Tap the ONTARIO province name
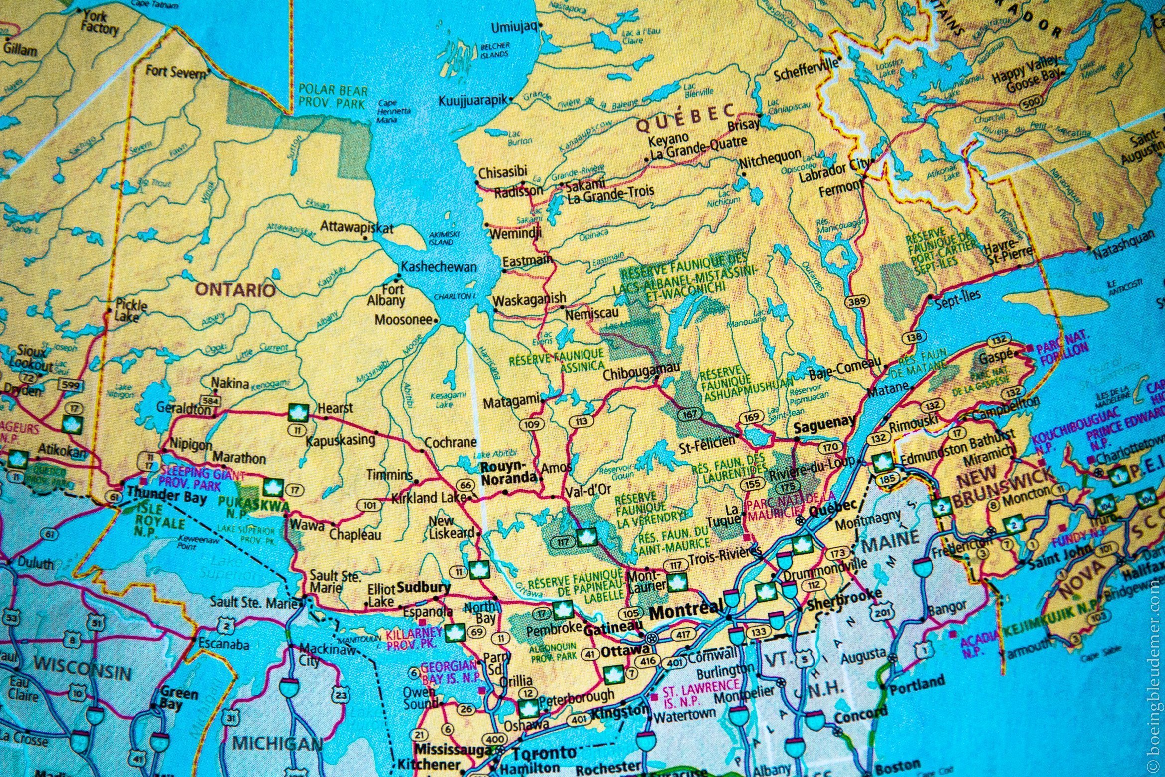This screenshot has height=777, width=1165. (x=235, y=290)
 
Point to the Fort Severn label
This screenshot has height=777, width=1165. (x=175, y=72)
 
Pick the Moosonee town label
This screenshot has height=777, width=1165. (x=403, y=319)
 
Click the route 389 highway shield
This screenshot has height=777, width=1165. (x=857, y=301)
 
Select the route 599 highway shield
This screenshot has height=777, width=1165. (x=70, y=385)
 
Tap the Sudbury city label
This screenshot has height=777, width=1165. (x=424, y=587)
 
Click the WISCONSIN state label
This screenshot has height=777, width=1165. (x=83, y=669)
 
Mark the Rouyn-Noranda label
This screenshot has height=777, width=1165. (x=508, y=472)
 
